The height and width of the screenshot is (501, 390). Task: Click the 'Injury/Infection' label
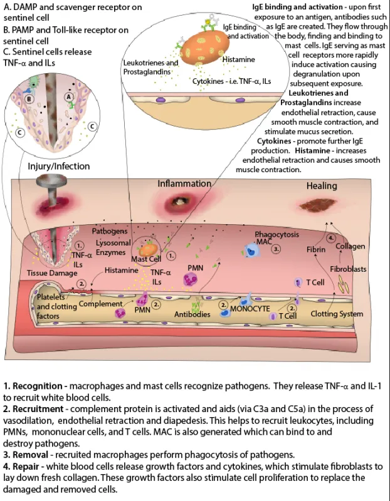[x=59, y=167]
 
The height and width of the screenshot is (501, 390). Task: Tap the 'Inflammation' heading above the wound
[x=184, y=183]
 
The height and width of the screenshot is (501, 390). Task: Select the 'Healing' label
[x=322, y=186]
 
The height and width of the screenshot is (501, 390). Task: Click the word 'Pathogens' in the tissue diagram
[x=110, y=231]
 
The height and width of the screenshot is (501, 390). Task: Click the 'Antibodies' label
[x=192, y=314]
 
